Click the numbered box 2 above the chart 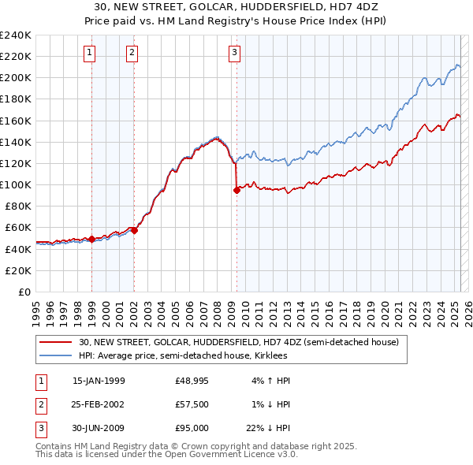132,53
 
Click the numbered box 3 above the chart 235,53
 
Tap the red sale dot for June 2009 236,190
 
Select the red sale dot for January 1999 91,239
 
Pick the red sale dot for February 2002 134,230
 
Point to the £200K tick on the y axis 16,78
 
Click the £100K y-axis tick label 16,184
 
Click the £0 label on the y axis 24,292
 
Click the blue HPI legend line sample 55,355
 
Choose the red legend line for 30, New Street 55,342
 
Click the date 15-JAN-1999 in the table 99,381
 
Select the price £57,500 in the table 192,404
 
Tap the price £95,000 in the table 192,428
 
